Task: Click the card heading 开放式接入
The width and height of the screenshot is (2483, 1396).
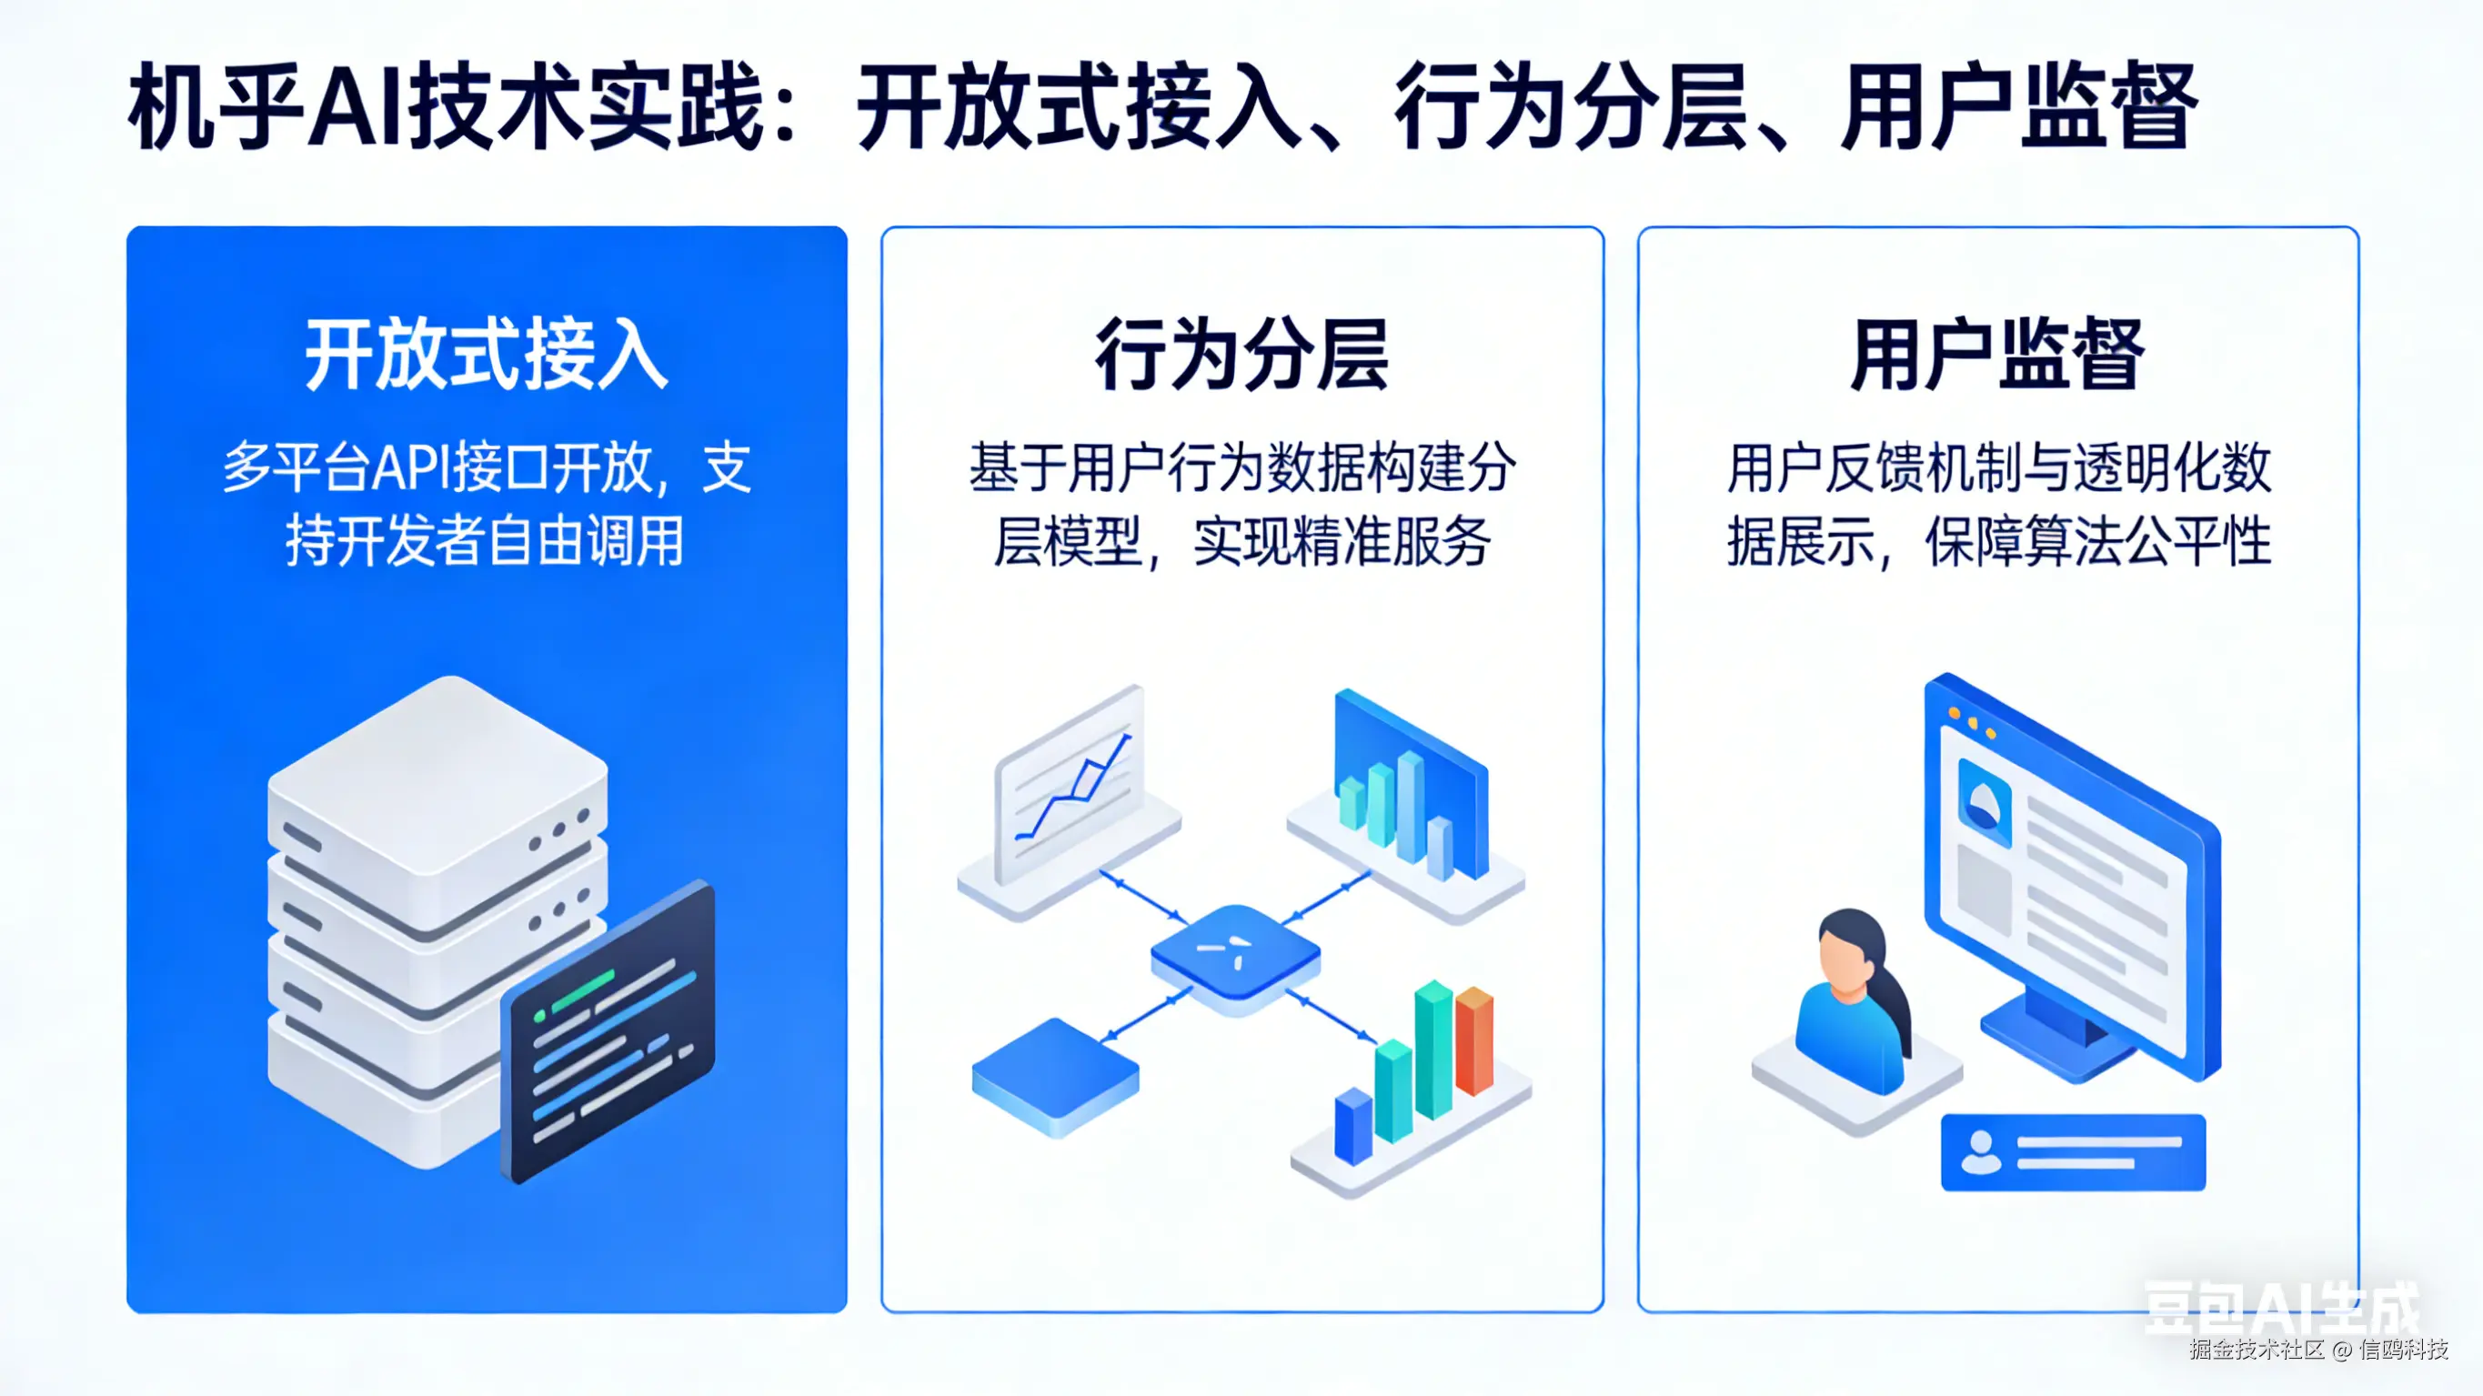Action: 486,355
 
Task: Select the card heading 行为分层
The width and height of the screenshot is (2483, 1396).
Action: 1241,355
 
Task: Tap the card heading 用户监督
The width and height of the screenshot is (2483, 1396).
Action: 1997,355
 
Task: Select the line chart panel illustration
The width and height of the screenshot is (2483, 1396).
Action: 1070,790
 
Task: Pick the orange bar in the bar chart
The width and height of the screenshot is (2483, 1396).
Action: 1473,1041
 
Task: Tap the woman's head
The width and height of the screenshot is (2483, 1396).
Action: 1849,954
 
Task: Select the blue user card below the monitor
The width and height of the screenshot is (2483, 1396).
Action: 2073,1152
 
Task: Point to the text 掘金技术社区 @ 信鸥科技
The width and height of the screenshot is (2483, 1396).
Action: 2318,1349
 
